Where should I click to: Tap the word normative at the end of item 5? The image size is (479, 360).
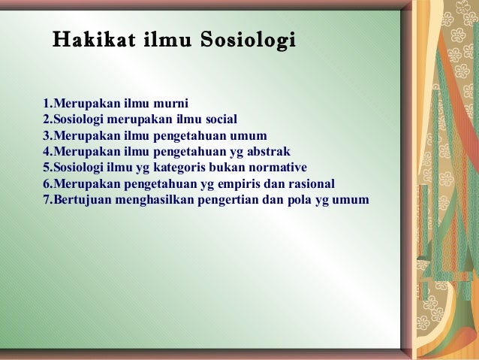coord(279,168)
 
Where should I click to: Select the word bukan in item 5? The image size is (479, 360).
coord(233,168)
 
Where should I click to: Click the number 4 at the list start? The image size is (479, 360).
coord(46,152)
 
